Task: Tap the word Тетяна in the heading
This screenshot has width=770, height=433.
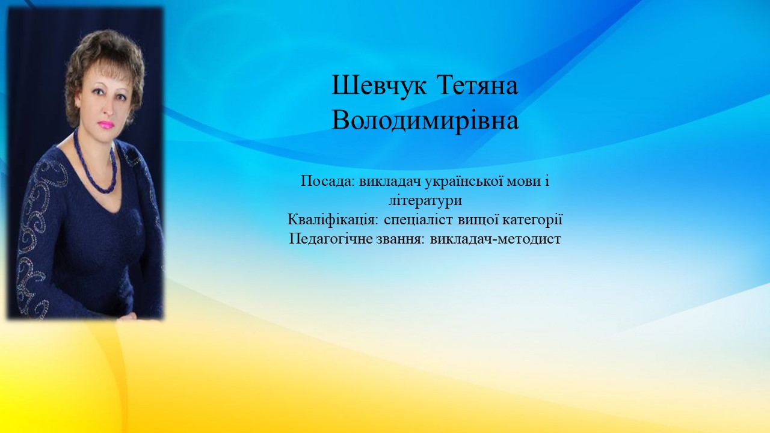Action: coord(478,85)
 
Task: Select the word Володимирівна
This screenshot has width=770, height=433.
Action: coord(425,121)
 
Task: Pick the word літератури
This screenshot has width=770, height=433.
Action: coord(425,201)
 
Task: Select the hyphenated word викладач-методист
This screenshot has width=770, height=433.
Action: coord(495,239)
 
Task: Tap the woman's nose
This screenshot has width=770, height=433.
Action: coord(108,109)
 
